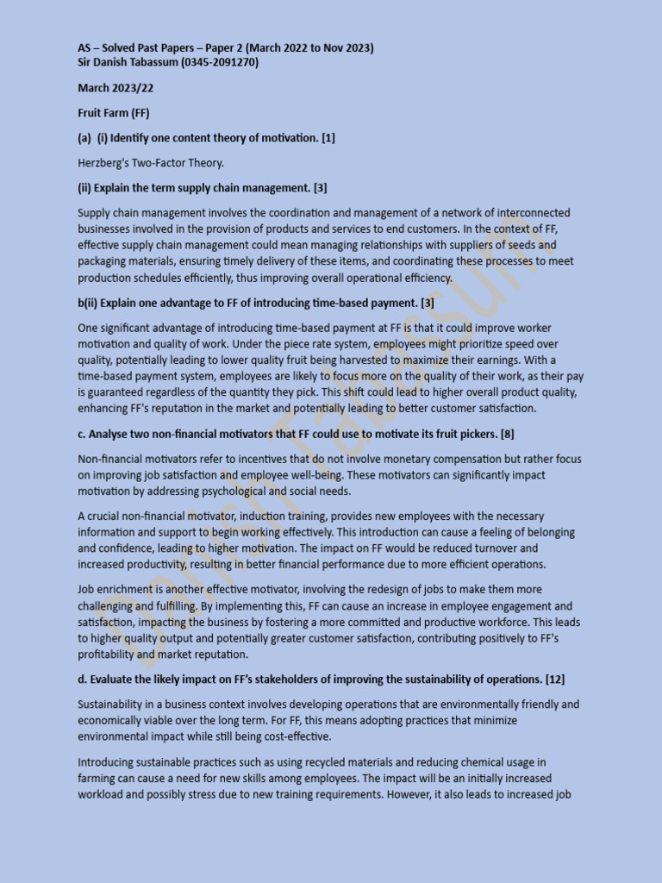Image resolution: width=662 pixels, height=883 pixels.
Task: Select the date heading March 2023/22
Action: (x=116, y=88)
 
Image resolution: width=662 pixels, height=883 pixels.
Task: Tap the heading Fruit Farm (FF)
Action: (x=114, y=113)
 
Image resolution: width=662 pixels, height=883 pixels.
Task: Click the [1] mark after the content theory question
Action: (x=328, y=138)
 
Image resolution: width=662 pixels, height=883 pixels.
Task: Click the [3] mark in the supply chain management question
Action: (x=320, y=188)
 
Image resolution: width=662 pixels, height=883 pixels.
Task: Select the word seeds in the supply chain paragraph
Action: (x=508, y=245)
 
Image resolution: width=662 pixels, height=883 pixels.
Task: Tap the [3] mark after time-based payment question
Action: (x=427, y=303)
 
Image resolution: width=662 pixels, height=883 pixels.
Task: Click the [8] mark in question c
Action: (x=507, y=433)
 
